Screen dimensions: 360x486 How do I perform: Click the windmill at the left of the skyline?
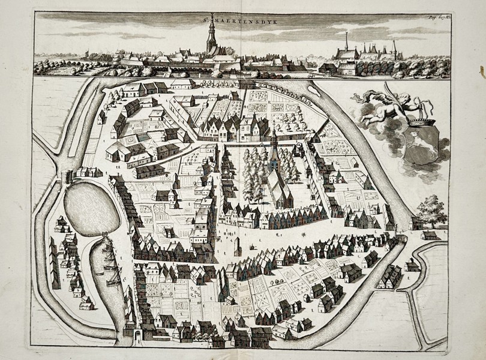[88, 54]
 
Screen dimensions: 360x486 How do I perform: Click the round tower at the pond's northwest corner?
[68, 178]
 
